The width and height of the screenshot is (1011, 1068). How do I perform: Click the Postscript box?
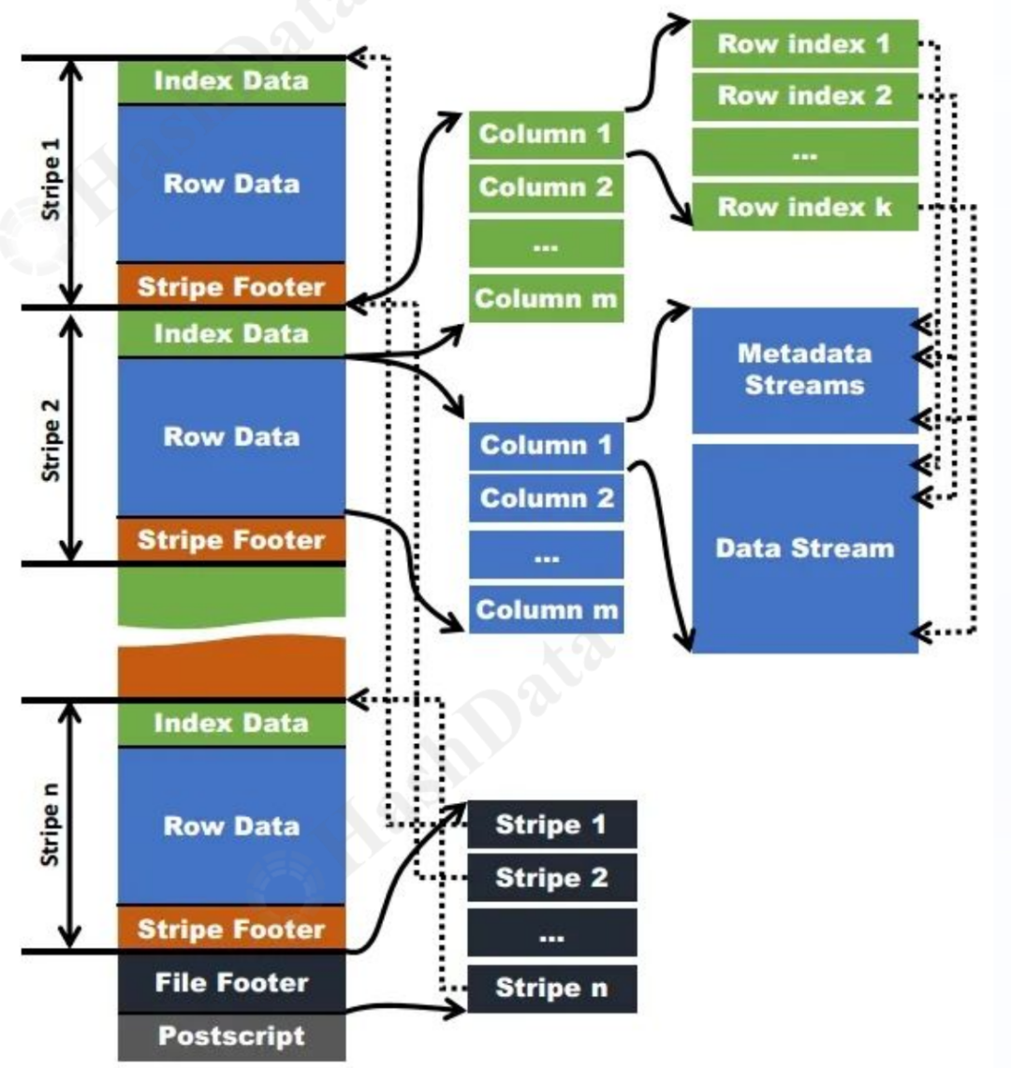pos(231,1037)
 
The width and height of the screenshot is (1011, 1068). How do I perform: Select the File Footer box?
pos(231,983)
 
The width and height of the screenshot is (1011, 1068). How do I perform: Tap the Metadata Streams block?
pos(804,370)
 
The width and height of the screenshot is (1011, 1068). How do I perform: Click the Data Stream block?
pos(804,549)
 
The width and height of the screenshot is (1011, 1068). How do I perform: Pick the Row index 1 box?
pos(804,44)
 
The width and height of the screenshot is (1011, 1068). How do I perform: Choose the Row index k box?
pos(804,207)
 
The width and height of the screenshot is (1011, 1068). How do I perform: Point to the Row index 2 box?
pos(804,95)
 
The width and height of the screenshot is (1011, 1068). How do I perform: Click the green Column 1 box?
pos(546,134)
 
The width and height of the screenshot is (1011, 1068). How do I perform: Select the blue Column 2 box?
pos(546,498)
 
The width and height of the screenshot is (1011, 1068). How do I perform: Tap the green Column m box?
pos(546,299)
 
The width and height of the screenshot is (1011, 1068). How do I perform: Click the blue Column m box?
pos(546,610)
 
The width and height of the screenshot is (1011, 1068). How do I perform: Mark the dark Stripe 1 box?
pos(551,825)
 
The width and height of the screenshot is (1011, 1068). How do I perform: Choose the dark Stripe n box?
pos(551,988)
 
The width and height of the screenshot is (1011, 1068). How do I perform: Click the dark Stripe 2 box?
pos(551,878)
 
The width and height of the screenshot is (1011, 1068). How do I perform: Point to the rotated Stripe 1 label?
pos(51,180)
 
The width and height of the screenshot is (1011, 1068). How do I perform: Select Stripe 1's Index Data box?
pos(231,81)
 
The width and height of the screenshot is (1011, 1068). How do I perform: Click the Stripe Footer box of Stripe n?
pos(231,929)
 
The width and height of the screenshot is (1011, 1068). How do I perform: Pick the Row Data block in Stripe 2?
pos(231,437)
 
